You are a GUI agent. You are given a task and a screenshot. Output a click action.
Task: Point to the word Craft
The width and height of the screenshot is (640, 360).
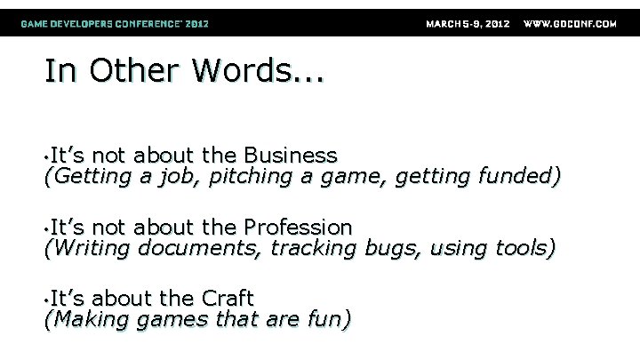[x=228, y=298]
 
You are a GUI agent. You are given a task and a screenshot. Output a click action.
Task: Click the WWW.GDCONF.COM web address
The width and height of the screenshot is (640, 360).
[x=570, y=23]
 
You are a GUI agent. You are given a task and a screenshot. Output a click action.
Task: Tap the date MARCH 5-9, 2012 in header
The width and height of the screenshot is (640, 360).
[x=468, y=23]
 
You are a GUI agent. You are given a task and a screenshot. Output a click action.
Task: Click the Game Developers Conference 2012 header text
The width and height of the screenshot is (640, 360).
[x=116, y=23]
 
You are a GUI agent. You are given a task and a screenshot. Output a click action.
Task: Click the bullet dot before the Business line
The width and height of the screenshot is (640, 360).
[x=46, y=157]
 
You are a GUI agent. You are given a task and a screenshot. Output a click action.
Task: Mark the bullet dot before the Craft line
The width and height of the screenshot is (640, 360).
[x=46, y=300]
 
